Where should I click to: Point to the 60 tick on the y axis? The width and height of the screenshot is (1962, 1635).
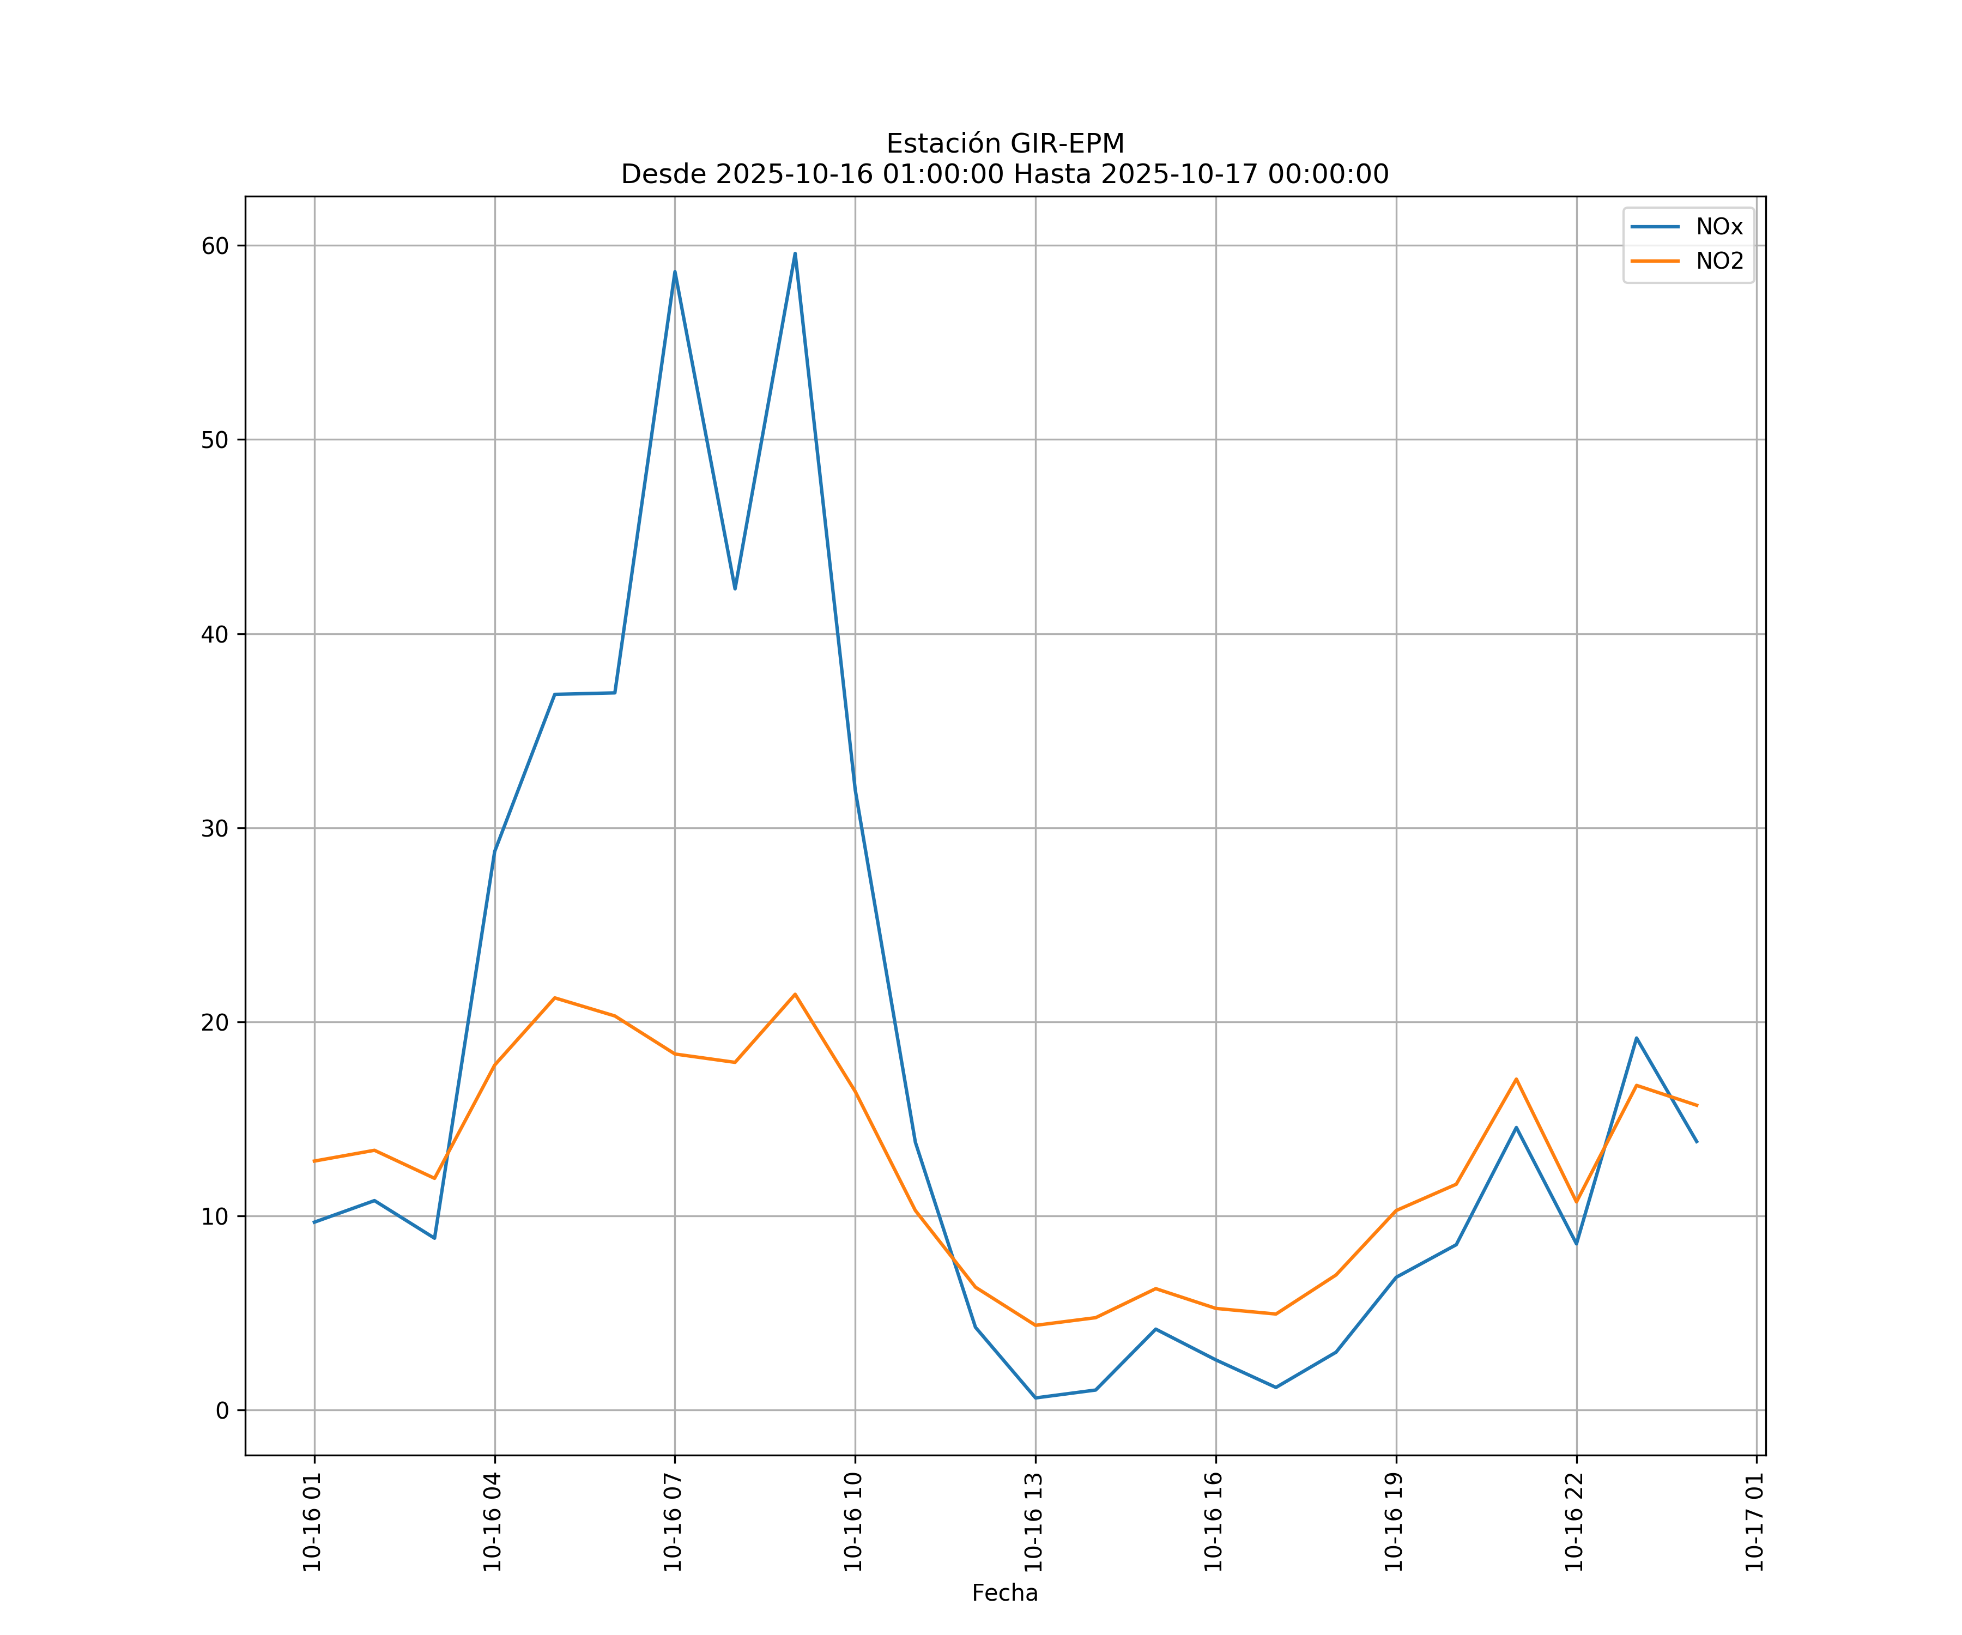[215, 246]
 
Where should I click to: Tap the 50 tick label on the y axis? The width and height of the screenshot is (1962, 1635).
[215, 440]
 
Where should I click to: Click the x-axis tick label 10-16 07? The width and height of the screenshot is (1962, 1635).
[673, 1522]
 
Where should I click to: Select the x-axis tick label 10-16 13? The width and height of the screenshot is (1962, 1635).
[1033, 1522]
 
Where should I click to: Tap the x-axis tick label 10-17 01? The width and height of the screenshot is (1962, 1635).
[1754, 1522]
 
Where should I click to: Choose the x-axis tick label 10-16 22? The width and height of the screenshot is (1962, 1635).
[1575, 1522]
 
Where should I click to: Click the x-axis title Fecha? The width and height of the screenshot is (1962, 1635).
[1004, 1593]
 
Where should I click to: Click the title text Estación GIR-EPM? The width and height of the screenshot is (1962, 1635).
[1004, 144]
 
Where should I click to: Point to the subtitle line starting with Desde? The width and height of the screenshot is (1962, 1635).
[1004, 175]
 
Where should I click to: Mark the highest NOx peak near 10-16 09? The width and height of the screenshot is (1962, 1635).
[795, 253]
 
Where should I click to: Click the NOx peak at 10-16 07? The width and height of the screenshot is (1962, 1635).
[675, 272]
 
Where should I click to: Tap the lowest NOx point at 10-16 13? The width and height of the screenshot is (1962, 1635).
[1035, 1398]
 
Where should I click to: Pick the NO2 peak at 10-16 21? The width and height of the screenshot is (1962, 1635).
[1516, 1079]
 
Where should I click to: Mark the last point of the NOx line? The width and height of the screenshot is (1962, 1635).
[1697, 1142]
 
